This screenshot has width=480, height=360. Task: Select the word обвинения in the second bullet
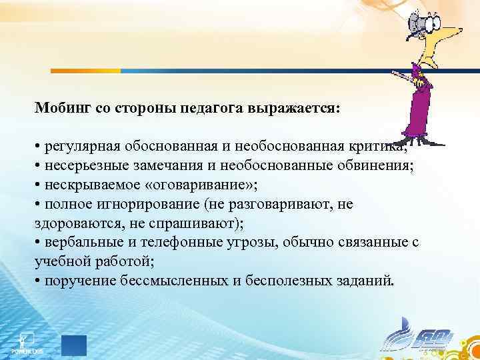click(379, 166)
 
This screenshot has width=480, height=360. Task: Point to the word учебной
click(59, 261)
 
